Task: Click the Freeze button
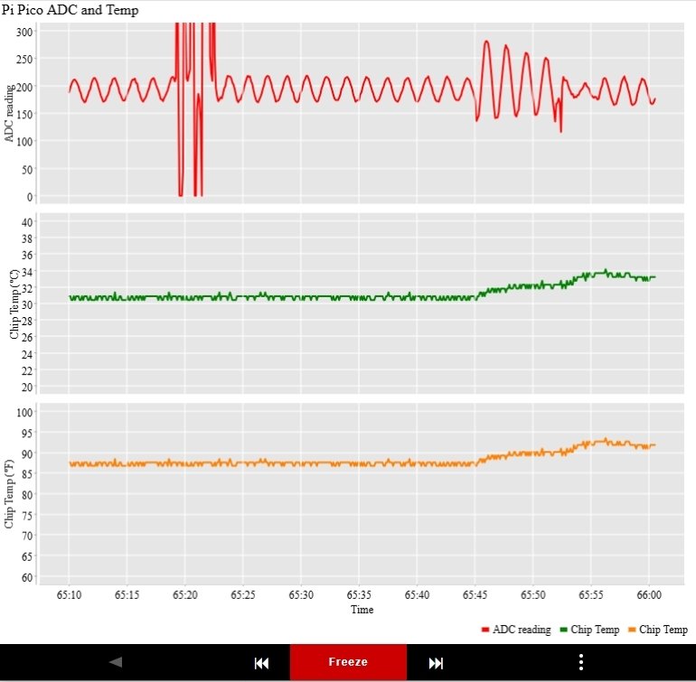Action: tap(348, 662)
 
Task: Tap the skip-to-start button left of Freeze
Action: tap(261, 663)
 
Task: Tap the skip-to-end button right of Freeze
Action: tap(436, 663)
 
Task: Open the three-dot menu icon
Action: tap(581, 662)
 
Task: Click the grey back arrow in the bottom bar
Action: tap(115, 662)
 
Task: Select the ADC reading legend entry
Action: tap(516, 630)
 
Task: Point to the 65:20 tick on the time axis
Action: tap(184, 595)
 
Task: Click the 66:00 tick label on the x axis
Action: tap(649, 595)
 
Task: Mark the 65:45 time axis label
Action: tap(475, 595)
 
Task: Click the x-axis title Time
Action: tap(362, 610)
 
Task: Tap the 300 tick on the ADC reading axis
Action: tap(24, 32)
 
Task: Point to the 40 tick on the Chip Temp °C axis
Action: tap(27, 222)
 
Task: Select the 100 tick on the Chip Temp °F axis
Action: tap(24, 412)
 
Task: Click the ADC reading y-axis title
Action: tap(10, 113)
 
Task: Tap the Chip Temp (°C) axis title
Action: tap(14, 303)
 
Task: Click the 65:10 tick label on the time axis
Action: tap(69, 595)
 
